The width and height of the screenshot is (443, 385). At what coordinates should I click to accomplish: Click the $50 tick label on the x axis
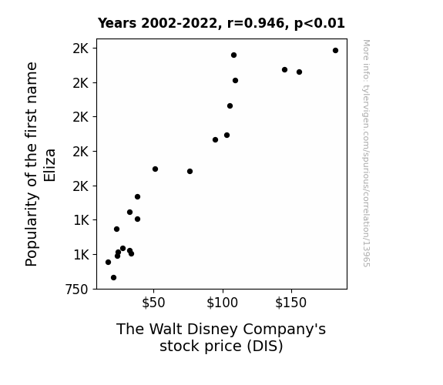[153, 303]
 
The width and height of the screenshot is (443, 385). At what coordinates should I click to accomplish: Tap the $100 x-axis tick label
[223, 303]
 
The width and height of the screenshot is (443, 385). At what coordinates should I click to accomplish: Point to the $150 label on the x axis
[291, 303]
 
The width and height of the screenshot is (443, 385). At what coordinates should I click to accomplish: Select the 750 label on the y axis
[76, 290]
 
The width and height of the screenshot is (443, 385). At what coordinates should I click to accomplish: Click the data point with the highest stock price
[335, 51]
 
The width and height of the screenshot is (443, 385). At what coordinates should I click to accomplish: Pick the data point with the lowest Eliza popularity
[113, 278]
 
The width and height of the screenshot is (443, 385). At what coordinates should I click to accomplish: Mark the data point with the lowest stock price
[108, 262]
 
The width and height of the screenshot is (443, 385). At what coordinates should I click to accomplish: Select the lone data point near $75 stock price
[190, 171]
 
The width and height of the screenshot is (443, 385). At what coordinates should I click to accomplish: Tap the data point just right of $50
[155, 169]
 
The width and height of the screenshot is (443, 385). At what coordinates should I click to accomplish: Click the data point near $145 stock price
[284, 70]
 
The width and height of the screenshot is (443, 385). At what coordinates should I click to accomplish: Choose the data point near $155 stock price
[299, 72]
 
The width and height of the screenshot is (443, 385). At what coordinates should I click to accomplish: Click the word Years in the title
[117, 23]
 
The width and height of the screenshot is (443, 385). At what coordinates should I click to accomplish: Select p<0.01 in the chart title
[320, 23]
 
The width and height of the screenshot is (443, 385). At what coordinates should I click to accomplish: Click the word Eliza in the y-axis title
[50, 166]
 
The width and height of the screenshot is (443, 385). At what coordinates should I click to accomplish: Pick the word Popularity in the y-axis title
[32, 229]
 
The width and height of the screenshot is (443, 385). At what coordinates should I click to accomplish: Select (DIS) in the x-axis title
[265, 346]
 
